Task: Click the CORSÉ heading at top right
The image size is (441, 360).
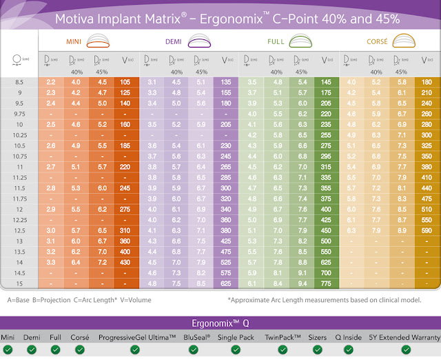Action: pos(378,41)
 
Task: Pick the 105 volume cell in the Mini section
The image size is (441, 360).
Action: pos(124,81)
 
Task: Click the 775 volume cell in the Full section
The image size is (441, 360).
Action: pos(325,284)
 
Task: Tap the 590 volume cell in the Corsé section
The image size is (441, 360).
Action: pos(425,230)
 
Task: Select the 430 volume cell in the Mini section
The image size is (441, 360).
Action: pos(124,263)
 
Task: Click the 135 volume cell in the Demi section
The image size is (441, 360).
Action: pos(225,81)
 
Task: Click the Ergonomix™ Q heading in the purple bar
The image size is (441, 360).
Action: pos(220,322)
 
